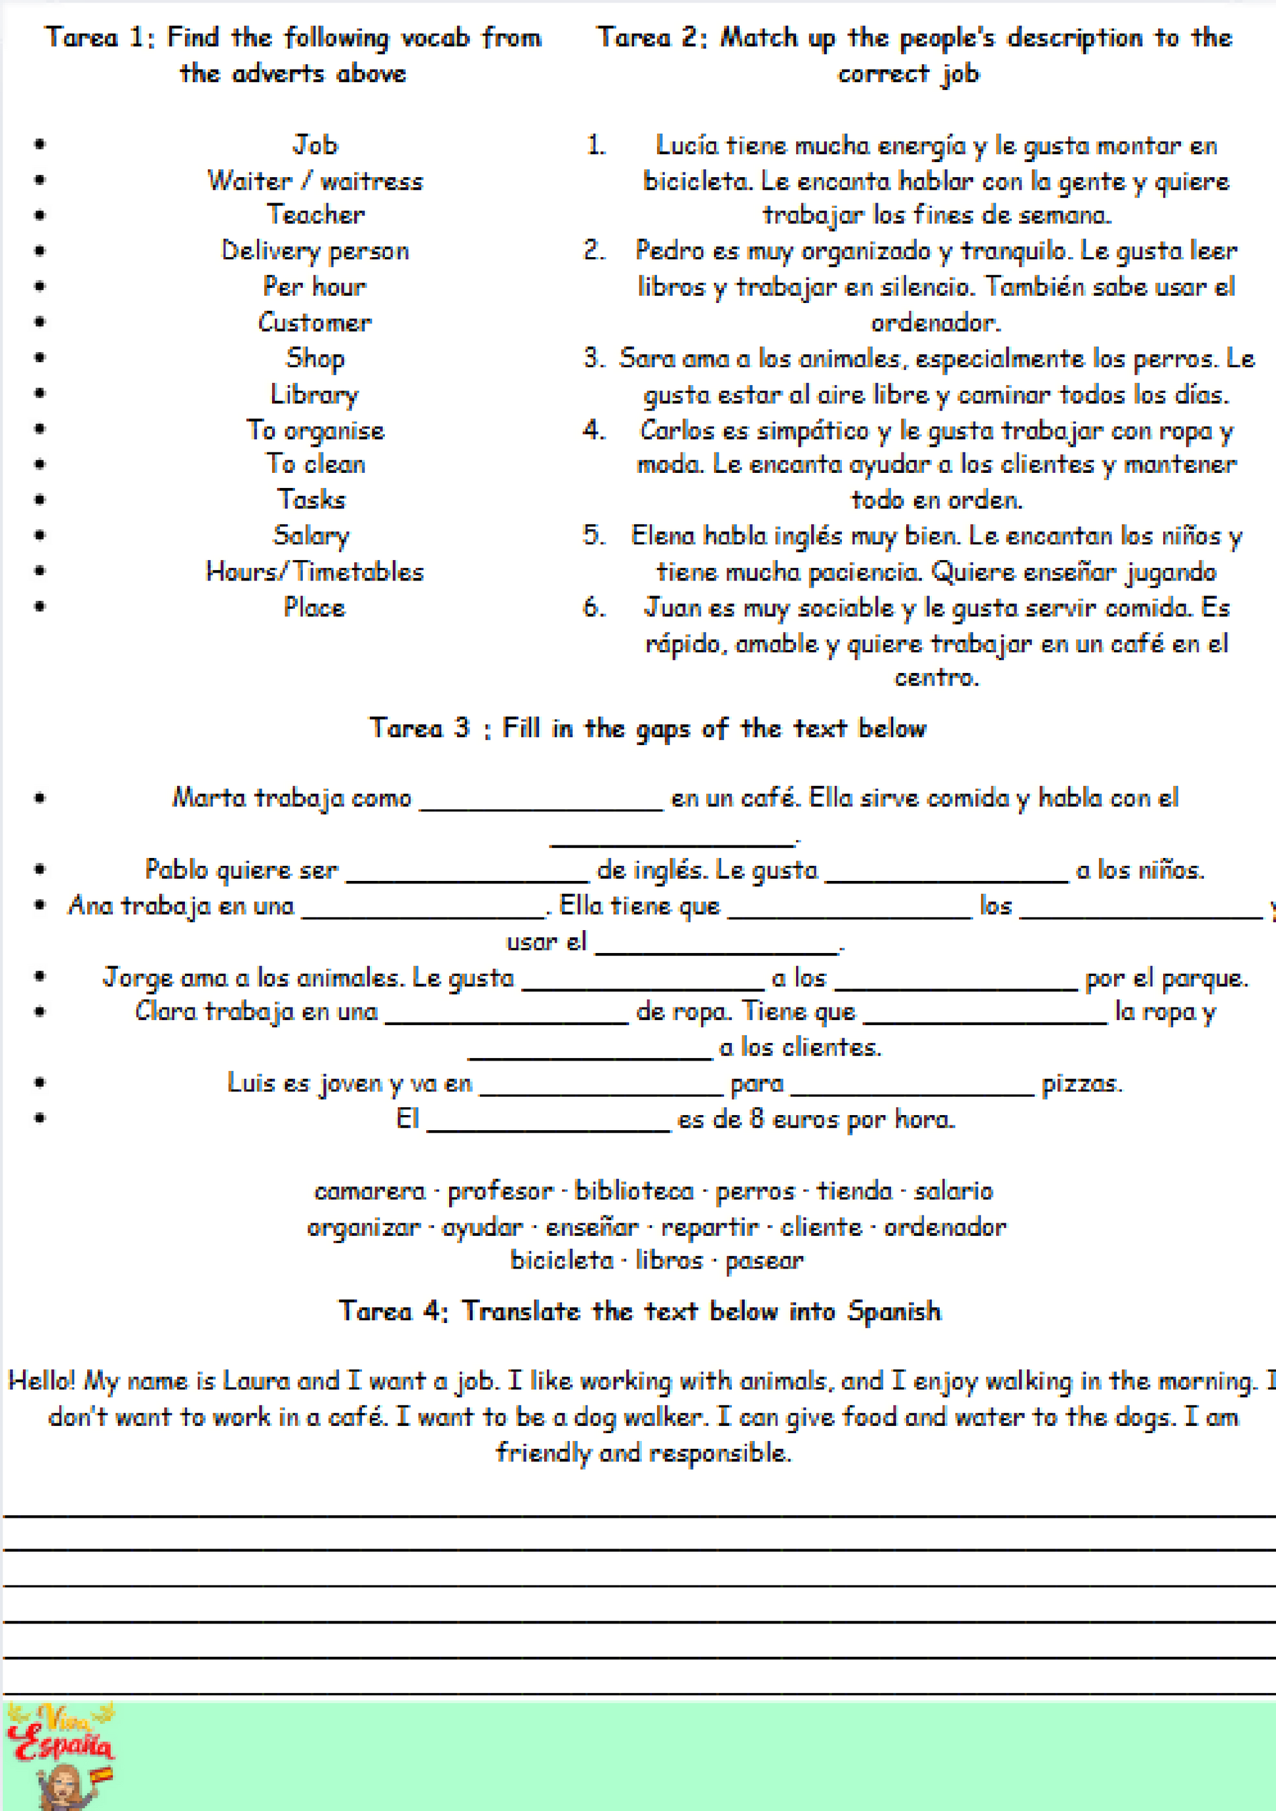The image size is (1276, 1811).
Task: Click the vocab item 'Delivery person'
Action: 315,251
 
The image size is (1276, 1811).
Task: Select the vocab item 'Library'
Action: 314,394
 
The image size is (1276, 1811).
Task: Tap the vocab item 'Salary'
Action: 311,536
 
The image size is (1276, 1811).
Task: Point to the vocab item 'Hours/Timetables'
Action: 315,571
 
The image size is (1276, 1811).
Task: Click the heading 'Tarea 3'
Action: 419,727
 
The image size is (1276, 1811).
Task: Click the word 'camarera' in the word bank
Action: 370,1191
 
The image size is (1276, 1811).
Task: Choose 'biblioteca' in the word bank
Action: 634,1191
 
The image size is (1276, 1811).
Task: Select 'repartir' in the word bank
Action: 709,1227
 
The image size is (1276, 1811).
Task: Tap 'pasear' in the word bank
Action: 764,1261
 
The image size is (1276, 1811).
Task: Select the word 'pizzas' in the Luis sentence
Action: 1081,1084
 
